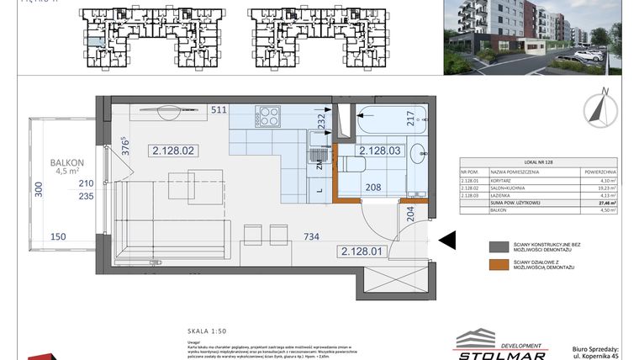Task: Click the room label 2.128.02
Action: tap(174, 151)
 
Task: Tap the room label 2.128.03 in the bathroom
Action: tap(380, 151)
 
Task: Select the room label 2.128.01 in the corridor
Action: tap(362, 251)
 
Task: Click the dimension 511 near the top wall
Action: tap(219, 109)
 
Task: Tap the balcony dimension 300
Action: tap(37, 190)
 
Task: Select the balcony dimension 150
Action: tap(57, 238)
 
